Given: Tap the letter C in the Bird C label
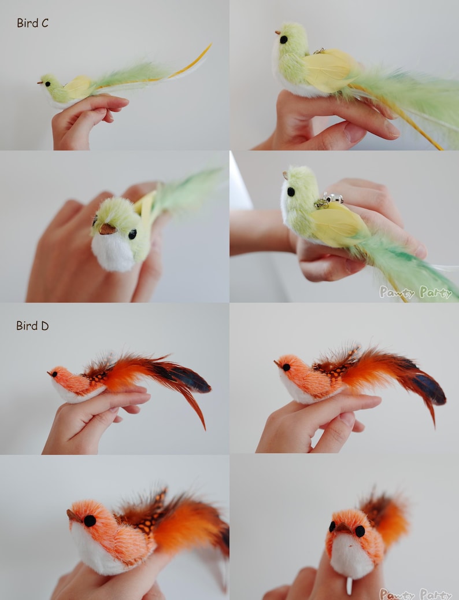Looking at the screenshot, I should [x=45, y=23].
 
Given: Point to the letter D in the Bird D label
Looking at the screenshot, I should [x=45, y=326].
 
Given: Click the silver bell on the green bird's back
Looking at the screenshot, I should [x=335, y=198].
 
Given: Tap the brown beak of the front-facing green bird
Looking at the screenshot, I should [x=106, y=229].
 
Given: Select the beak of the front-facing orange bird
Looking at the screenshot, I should [x=344, y=528].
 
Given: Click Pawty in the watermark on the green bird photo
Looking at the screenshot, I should [x=397, y=293].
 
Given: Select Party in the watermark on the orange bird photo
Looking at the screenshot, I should [x=435, y=594].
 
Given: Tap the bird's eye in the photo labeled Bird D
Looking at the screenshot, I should [x=55, y=374].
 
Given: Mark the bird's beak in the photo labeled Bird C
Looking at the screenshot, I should [x=40, y=83].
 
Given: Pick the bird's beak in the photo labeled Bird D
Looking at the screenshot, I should [x=50, y=373].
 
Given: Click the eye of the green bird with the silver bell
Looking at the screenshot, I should [x=290, y=192].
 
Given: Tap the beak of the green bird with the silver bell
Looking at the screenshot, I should [x=284, y=174].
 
